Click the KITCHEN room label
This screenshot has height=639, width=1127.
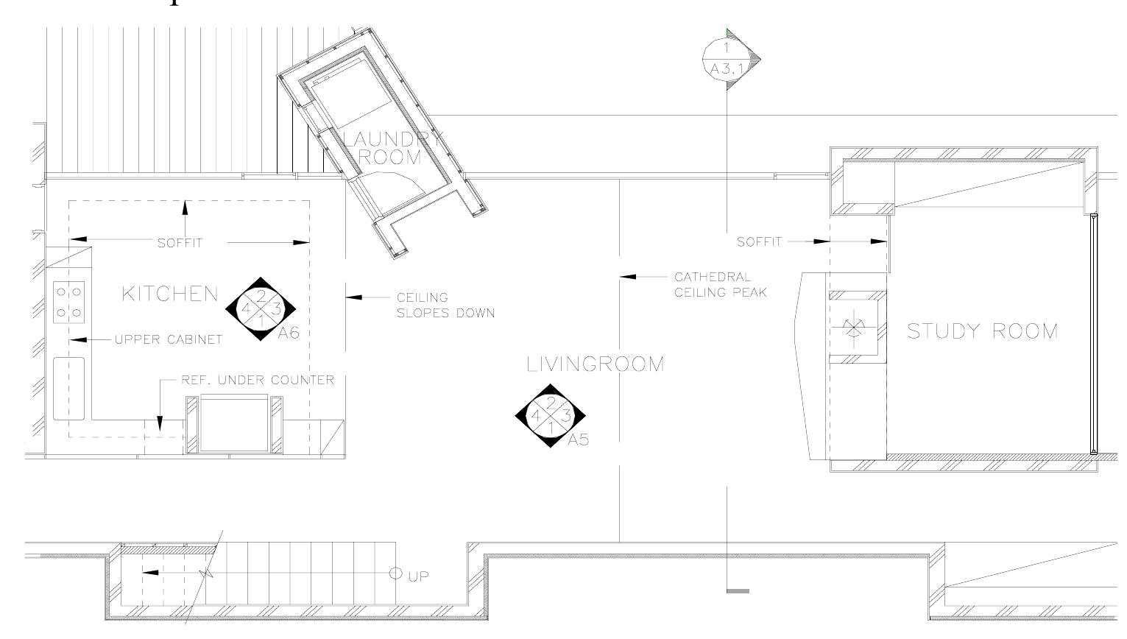170,294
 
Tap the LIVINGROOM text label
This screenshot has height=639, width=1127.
596,364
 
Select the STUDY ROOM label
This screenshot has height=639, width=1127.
982,331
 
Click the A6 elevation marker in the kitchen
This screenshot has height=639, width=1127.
261,309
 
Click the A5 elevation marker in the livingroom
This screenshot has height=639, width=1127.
551,416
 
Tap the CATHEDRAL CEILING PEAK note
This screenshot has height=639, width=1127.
720,284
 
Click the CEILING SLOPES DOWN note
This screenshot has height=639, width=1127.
445,305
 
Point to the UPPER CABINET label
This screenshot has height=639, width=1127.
168,339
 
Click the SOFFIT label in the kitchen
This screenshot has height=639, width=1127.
180,242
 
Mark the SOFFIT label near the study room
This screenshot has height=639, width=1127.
759,241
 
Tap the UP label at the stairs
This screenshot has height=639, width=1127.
418,576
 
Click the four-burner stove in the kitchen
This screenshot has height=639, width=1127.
69,302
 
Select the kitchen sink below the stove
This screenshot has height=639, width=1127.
69,389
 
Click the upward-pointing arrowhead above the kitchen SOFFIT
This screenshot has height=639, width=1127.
185,207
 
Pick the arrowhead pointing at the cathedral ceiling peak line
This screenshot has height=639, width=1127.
628,277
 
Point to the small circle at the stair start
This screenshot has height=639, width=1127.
395,572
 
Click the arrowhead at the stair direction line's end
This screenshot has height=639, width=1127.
149,572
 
